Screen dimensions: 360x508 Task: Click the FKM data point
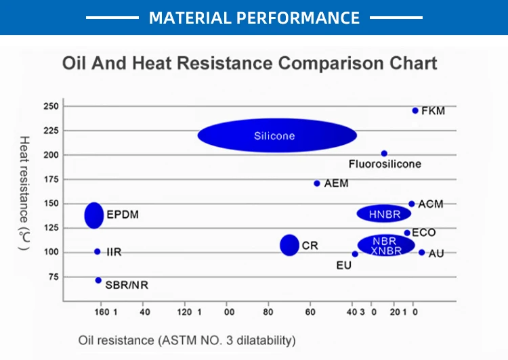coord(415,110)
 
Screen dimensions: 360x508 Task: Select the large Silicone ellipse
coord(277,135)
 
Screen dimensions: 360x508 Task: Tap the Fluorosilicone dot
coord(384,154)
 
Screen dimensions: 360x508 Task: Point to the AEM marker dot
coord(317,183)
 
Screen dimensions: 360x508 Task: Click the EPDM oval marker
coord(94,215)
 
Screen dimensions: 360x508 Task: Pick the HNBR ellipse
coord(384,214)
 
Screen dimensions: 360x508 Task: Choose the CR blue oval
coord(290,245)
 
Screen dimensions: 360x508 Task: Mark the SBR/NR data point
coord(98,280)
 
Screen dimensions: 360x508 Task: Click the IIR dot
coord(98,252)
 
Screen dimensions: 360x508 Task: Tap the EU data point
coord(355,254)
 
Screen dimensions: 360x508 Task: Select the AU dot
coord(421,252)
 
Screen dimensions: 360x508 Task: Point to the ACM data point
coord(411,204)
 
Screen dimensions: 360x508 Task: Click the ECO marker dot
coord(407,233)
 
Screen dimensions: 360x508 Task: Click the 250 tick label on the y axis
coord(51,106)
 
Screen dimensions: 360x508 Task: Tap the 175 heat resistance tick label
coord(51,179)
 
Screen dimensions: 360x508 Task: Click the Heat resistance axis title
coord(24,193)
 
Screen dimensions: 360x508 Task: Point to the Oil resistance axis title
coord(187,339)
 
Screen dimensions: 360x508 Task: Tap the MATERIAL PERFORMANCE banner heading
coord(254,17)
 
